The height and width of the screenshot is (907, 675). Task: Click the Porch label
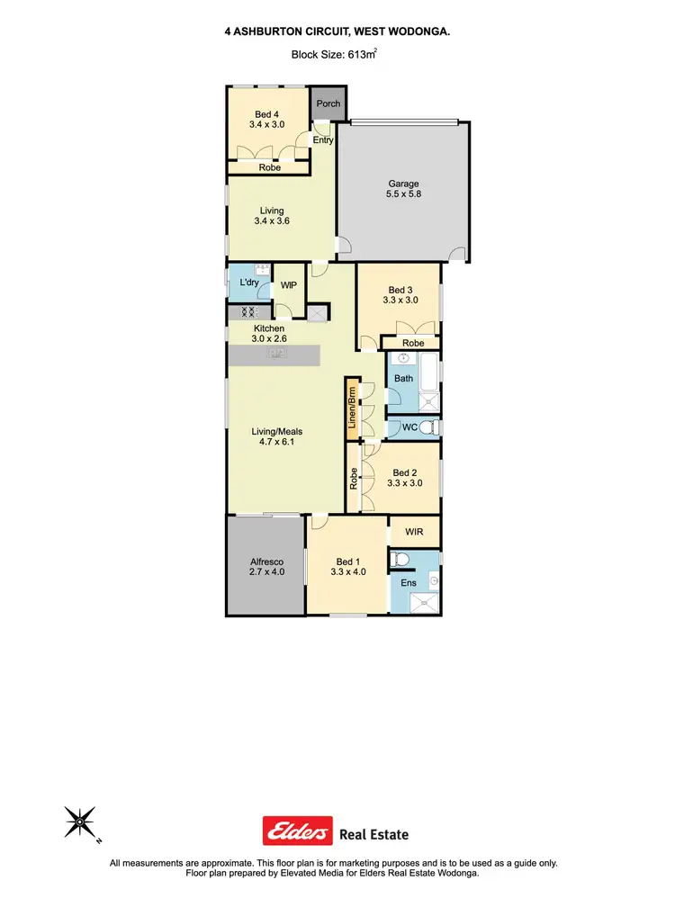click(328, 103)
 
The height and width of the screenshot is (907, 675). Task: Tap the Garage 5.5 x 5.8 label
click(403, 190)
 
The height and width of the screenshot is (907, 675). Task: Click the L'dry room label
click(248, 283)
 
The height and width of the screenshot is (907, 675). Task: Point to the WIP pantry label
click(289, 284)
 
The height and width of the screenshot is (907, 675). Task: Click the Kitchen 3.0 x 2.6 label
click(269, 335)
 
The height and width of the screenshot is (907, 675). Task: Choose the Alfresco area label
click(266, 567)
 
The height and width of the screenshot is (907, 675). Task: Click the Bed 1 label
click(347, 567)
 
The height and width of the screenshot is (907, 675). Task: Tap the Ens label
click(408, 582)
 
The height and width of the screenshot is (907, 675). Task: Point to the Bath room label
click(403, 378)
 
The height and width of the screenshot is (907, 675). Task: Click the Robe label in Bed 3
click(414, 343)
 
